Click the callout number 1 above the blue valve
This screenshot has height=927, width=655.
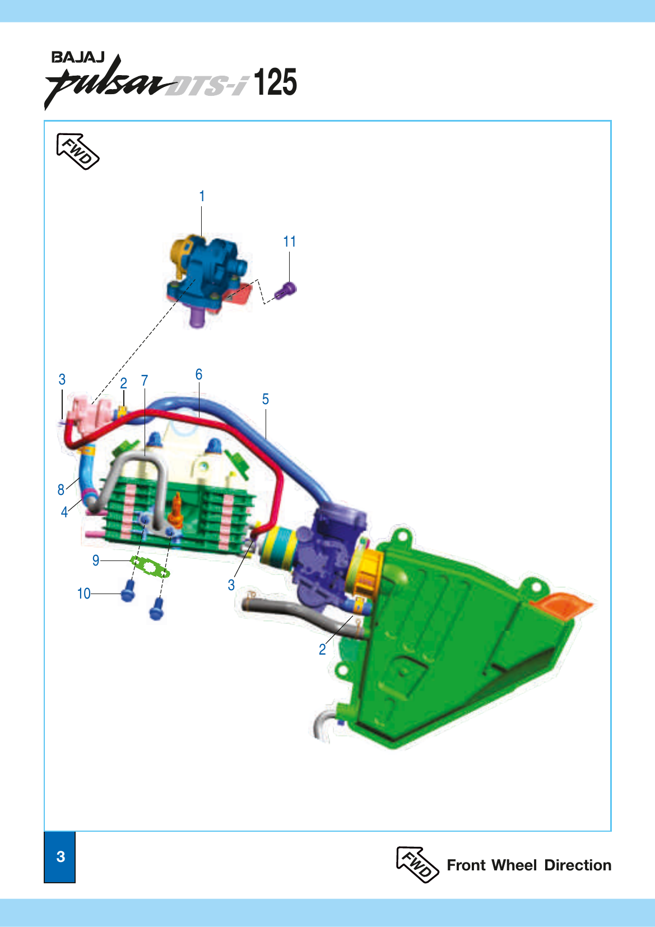(x=202, y=196)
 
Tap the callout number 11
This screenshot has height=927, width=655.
(x=289, y=242)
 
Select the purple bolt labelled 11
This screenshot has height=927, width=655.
(x=286, y=290)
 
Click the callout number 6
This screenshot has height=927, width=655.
(x=198, y=374)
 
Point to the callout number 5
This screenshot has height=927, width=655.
(x=266, y=399)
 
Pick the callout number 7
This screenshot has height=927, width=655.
(x=145, y=381)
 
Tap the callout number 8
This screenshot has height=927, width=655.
(x=61, y=489)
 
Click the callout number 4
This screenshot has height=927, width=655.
(x=64, y=512)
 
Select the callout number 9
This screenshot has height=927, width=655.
(x=96, y=560)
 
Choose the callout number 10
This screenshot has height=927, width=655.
(x=83, y=594)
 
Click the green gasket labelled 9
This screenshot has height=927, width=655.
(x=150, y=567)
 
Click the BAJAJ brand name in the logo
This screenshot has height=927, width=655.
(x=77, y=57)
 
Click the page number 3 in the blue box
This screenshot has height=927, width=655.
(x=60, y=857)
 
